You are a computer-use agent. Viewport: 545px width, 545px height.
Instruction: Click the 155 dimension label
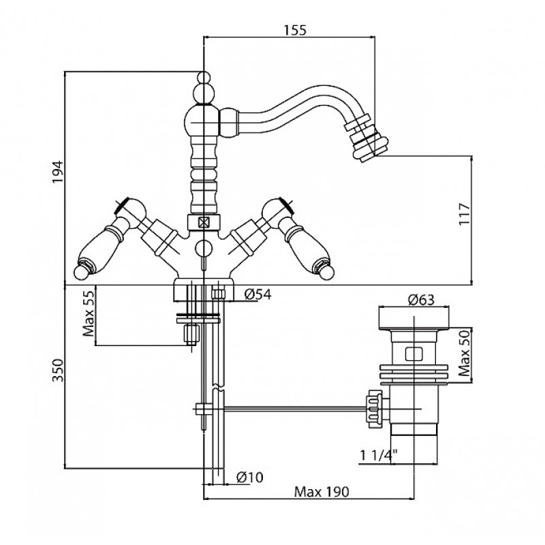pos(295,30)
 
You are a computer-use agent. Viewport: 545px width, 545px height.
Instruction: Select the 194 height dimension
pos(57,172)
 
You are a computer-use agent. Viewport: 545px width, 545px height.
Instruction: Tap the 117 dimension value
pos(464,214)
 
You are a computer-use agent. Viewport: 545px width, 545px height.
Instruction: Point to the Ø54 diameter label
pos(258,294)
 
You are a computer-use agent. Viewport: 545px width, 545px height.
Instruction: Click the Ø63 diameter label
pos(421,299)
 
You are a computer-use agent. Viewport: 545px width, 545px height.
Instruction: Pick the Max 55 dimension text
pos(89,313)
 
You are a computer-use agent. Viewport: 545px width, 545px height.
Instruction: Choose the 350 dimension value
pos(58,370)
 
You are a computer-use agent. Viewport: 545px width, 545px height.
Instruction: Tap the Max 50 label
pos(464,353)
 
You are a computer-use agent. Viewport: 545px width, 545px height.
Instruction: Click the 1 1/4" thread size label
pos(379,455)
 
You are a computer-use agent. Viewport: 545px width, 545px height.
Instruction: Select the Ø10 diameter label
pos(249,478)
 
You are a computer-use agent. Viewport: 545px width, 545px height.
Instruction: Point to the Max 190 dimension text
pos(321,492)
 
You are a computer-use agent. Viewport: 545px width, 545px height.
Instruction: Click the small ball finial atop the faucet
pos(204,77)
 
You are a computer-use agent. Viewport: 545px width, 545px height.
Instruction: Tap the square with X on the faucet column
pos(203,222)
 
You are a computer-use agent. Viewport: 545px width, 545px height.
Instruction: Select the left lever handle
pos(108,240)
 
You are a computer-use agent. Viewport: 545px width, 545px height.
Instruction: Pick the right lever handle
pos(298,240)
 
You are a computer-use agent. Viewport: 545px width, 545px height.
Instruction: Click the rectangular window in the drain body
pos(414,354)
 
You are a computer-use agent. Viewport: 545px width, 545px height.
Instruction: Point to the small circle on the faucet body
pos(203,248)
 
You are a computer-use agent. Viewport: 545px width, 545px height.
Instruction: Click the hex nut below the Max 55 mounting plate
pos(191,334)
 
